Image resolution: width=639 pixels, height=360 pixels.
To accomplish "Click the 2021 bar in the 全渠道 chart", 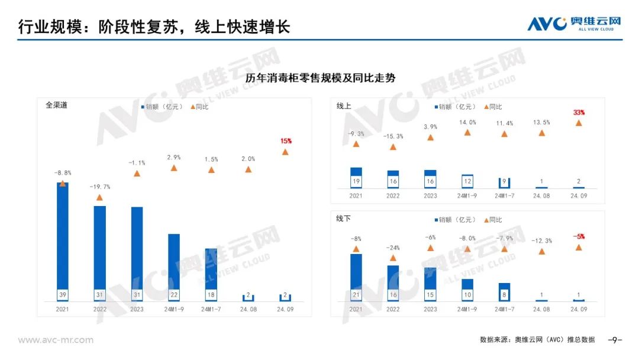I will click(62, 237).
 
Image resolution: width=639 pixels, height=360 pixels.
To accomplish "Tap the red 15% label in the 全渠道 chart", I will click(286, 141).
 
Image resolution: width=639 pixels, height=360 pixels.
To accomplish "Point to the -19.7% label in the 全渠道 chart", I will click(99, 187).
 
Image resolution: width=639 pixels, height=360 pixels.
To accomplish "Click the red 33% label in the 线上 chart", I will click(579, 112).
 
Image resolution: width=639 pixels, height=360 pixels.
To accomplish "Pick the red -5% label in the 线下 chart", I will click(579, 237).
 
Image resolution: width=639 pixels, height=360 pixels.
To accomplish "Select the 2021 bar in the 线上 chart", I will click(356, 176).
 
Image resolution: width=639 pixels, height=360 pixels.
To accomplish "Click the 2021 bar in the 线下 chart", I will click(356, 275).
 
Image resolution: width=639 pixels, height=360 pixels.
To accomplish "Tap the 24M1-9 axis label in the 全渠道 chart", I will click(174, 309).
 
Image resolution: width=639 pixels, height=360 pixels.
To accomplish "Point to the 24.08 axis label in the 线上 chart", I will click(541, 195).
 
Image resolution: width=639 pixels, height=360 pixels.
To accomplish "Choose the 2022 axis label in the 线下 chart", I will click(393, 309).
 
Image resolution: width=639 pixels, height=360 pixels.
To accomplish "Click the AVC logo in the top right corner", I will click(574, 24).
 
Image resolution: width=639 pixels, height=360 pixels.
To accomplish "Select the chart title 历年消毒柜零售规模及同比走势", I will click(320, 78).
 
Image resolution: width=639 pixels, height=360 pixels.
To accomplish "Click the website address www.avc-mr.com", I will click(56, 340).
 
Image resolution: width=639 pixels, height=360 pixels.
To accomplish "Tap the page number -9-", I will click(615, 340).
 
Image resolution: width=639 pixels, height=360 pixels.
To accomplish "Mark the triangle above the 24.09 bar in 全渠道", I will click(285, 152).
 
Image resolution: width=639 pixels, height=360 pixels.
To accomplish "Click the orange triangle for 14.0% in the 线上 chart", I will click(467, 133).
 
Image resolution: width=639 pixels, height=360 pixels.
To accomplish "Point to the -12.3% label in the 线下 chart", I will click(541, 241).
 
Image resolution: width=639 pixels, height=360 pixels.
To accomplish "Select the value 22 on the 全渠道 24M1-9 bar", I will click(174, 295).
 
